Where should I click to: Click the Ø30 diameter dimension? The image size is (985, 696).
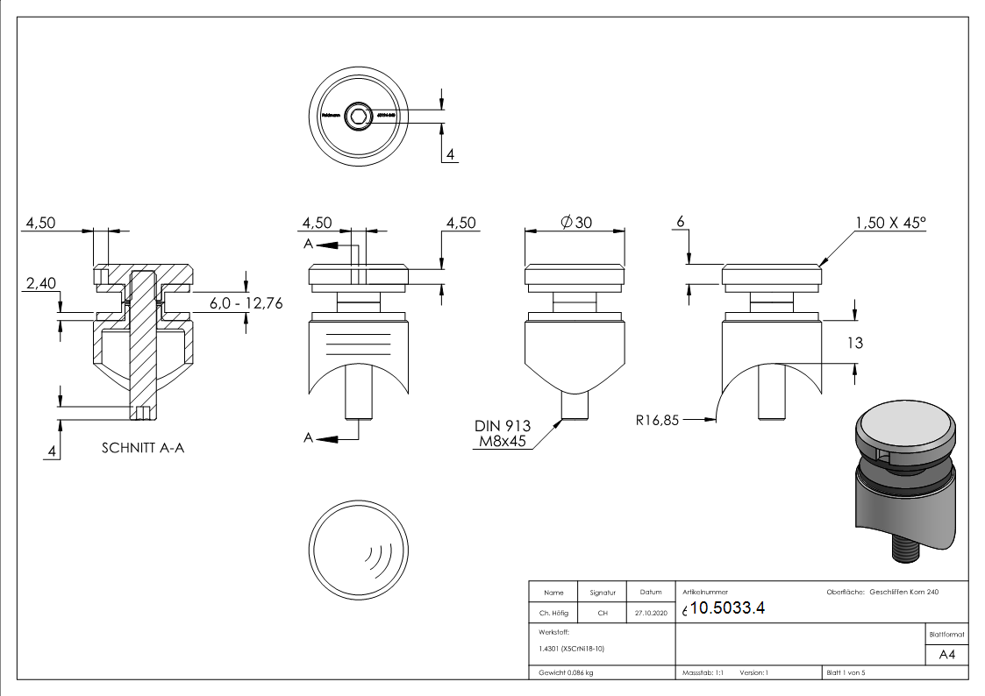click(x=575, y=223)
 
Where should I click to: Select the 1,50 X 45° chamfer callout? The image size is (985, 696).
click(x=889, y=223)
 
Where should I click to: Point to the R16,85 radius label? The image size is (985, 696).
click(x=658, y=420)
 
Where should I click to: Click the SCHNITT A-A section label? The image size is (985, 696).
click(x=143, y=448)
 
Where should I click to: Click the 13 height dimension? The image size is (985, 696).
click(x=854, y=343)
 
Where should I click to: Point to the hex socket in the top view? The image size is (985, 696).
click(x=357, y=115)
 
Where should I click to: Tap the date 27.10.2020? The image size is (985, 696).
click(x=650, y=613)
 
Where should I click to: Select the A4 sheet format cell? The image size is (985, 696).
click(x=946, y=654)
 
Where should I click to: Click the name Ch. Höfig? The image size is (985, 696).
click(x=553, y=613)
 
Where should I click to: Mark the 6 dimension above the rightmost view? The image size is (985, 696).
click(x=679, y=223)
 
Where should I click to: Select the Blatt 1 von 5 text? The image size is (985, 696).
click(x=846, y=673)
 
